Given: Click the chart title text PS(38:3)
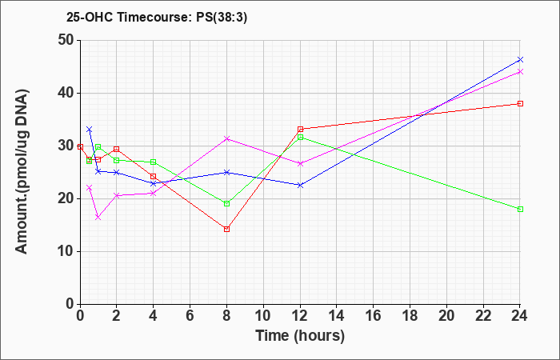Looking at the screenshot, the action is (x=222, y=17).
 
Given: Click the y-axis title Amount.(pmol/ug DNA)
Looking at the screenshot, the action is (x=22, y=172).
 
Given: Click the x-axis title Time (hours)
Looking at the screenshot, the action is (x=300, y=336).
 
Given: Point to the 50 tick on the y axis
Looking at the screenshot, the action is (x=66, y=40).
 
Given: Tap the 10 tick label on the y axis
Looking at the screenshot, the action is (x=66, y=251).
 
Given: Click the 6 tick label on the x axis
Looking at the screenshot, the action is (x=190, y=316).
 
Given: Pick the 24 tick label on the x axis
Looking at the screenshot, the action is (x=520, y=316).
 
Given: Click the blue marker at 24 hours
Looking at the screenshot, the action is (x=520, y=59).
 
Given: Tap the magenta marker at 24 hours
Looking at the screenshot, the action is (x=520, y=71).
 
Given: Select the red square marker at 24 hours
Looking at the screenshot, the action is (x=520, y=103).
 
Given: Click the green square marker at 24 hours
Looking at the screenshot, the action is (x=520, y=209).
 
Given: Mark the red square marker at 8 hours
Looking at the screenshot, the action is (x=226, y=229).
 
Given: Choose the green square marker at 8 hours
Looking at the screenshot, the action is (x=226, y=203).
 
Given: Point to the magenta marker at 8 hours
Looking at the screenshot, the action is (x=226, y=138).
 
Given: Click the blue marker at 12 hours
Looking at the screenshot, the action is (x=300, y=185).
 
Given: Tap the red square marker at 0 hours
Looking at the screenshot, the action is (x=80, y=146).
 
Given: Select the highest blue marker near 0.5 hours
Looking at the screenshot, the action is (x=90, y=129).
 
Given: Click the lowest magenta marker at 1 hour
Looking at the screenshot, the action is (x=98, y=217).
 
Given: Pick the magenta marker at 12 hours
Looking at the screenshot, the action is (x=300, y=163).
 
